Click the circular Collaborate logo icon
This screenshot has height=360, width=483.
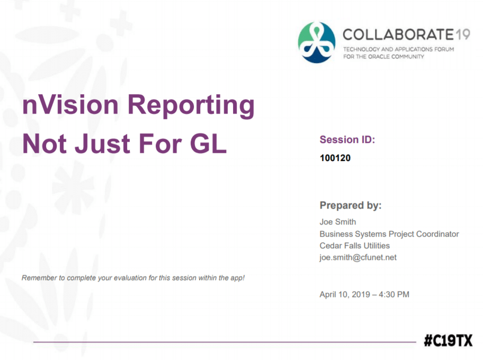point(317,42)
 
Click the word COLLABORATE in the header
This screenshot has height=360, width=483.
point(397,35)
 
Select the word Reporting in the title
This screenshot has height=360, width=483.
point(191,106)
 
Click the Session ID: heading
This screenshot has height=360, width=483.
point(347,140)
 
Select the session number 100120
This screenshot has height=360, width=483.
point(335,158)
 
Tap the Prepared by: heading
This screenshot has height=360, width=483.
point(350,205)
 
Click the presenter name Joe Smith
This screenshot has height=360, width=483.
point(337,222)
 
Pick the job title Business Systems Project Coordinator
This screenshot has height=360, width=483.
point(389,234)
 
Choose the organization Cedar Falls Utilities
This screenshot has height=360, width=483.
point(354,246)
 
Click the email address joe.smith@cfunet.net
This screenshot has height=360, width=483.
point(357,258)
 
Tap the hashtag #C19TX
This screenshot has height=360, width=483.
point(448,341)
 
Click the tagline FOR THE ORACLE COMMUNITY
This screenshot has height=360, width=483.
point(383,57)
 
